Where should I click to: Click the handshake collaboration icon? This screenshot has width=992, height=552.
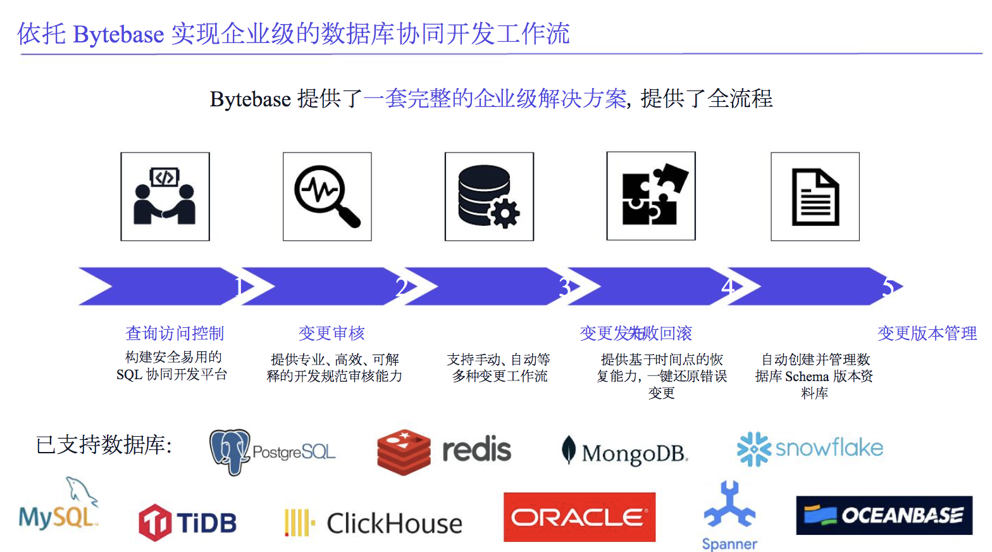tap(165, 196)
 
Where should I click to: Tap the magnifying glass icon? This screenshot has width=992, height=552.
tap(327, 196)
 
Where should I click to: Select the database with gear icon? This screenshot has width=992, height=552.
tap(489, 196)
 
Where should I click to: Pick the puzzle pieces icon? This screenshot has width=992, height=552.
tap(651, 196)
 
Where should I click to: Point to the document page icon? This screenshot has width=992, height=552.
tap(815, 197)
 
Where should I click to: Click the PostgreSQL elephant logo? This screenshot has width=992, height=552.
tap(230, 451)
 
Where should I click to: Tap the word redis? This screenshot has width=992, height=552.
tap(476, 450)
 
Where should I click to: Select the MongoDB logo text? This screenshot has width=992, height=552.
tap(634, 453)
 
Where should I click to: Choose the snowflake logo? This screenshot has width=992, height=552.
tap(810, 449)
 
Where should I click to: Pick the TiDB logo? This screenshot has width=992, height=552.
tap(187, 523)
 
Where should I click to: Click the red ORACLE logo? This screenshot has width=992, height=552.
tap(580, 518)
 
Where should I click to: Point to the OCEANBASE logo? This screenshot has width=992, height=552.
tap(884, 515)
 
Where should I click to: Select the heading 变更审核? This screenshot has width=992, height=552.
tap(332, 333)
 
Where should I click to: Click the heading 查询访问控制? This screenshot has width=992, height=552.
tap(175, 333)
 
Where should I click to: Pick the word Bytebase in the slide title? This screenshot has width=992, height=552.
tap(119, 34)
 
